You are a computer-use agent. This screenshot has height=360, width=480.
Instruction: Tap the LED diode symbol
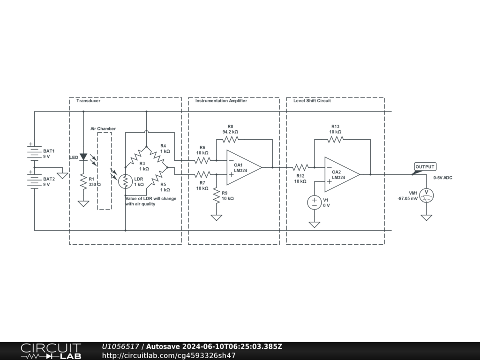[x=83, y=157]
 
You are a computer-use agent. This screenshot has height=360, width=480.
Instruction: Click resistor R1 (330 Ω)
[x=83, y=181]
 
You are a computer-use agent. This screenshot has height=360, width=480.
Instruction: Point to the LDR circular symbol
[x=126, y=181]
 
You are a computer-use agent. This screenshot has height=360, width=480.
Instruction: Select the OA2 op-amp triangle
[x=342, y=174]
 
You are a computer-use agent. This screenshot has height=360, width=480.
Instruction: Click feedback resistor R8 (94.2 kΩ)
[x=231, y=139]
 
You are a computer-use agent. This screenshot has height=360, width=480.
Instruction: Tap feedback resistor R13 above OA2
[x=335, y=139]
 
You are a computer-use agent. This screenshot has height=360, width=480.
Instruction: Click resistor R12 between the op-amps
[x=300, y=167]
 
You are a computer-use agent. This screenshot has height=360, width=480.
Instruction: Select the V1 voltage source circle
[x=314, y=202]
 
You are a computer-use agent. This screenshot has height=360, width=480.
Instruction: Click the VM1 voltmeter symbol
[x=426, y=195]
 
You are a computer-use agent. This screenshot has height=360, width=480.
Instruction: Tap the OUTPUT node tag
[x=425, y=167]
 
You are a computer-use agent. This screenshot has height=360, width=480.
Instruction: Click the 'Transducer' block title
[x=88, y=101]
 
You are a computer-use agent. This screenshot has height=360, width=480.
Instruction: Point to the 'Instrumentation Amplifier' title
[x=221, y=101]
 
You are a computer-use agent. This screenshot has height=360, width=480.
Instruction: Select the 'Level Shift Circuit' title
[x=312, y=101]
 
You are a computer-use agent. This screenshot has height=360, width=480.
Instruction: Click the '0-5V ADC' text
[x=442, y=178]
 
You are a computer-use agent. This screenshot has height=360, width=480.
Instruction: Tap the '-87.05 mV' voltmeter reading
[x=407, y=199]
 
